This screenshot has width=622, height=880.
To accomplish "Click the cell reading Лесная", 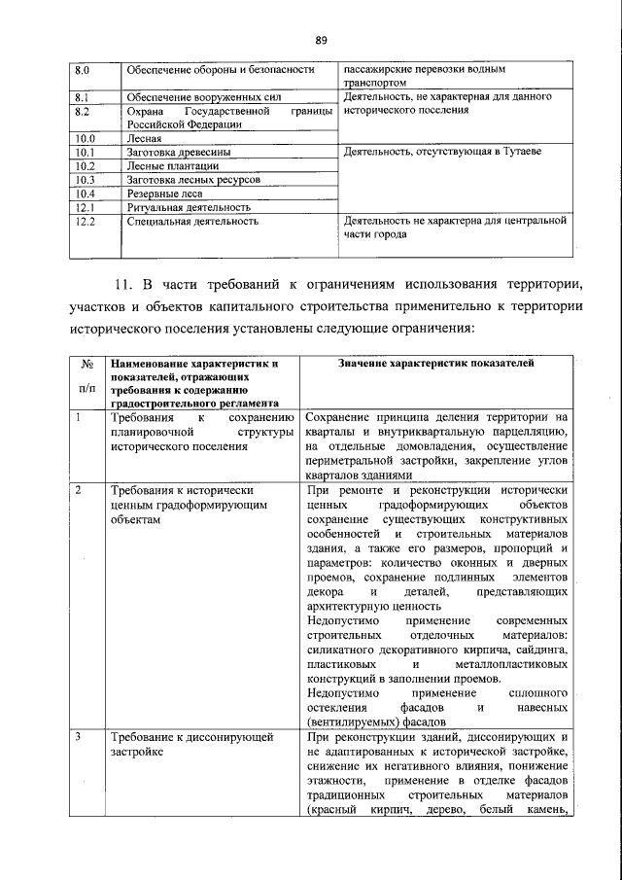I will pyautogui.click(x=143, y=139).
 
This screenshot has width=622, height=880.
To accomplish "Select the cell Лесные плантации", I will pyautogui.click(x=164, y=166).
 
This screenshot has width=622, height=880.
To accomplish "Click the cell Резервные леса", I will pyautogui.click(x=161, y=194).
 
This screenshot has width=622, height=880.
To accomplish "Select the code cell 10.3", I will pyautogui.click(x=84, y=180).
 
